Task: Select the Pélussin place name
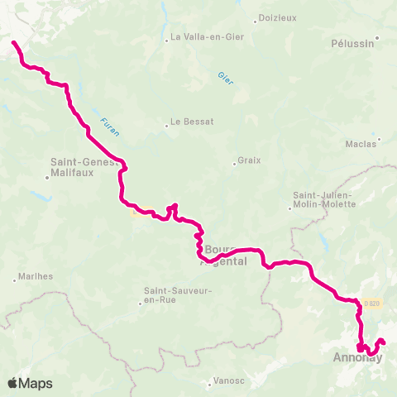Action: pyautogui.click(x=352, y=44)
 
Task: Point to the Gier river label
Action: pyautogui.click(x=225, y=76)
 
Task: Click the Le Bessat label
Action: pyautogui.click(x=194, y=122)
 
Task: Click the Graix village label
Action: pyautogui.click(x=249, y=160)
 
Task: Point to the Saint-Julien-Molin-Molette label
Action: pyautogui.click(x=323, y=200)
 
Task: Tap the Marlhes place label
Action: pyautogui.click(x=34, y=275)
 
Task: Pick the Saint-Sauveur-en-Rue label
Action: pyautogui.click(x=178, y=295)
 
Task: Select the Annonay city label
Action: pyautogui.click(x=357, y=358)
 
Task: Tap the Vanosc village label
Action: pyautogui.click(x=227, y=380)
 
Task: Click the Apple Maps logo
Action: pyautogui.click(x=31, y=383)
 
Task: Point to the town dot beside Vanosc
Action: pyautogui.click(x=208, y=380)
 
